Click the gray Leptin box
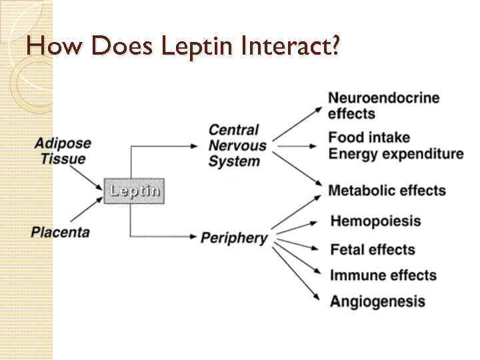pos(134,191)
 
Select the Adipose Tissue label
pos(63,151)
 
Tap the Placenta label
pos(60,232)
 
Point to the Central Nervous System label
pos(237,145)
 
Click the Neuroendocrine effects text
pos(383,105)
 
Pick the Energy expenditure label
pos(395,154)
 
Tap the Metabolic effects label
pos(387,191)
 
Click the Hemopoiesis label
pos(375,221)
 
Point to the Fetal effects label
pos(373,250)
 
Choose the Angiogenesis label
pos(377,301)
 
